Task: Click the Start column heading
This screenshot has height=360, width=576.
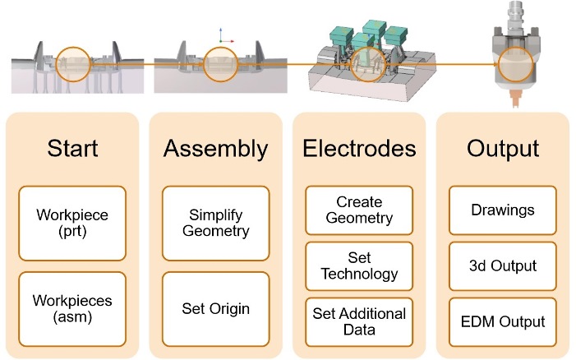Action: pyautogui.click(x=72, y=149)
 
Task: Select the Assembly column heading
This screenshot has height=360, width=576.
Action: pyautogui.click(x=215, y=149)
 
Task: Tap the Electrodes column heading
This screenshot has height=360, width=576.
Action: pyautogui.click(x=359, y=149)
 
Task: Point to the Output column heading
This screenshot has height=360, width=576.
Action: pyautogui.click(x=502, y=149)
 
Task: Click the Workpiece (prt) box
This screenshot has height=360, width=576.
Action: pyautogui.click(x=72, y=224)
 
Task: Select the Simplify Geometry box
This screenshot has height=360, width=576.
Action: pyautogui.click(x=215, y=224)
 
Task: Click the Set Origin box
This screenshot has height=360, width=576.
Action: pyautogui.click(x=215, y=310)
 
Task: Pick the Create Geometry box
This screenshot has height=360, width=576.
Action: pyautogui.click(x=359, y=210)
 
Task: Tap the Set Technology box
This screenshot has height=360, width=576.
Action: pyautogui.click(x=359, y=265)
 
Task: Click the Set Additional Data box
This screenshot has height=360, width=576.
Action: pyautogui.click(x=359, y=321)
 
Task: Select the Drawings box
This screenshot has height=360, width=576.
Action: pyautogui.click(x=502, y=210)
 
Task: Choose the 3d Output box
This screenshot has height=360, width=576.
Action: pyautogui.click(x=502, y=265)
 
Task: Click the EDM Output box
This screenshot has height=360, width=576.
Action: pyautogui.click(x=502, y=321)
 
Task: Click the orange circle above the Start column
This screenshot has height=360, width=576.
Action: pyautogui.click(x=72, y=64)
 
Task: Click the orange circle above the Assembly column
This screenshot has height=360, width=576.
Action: pyautogui.click(x=220, y=65)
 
